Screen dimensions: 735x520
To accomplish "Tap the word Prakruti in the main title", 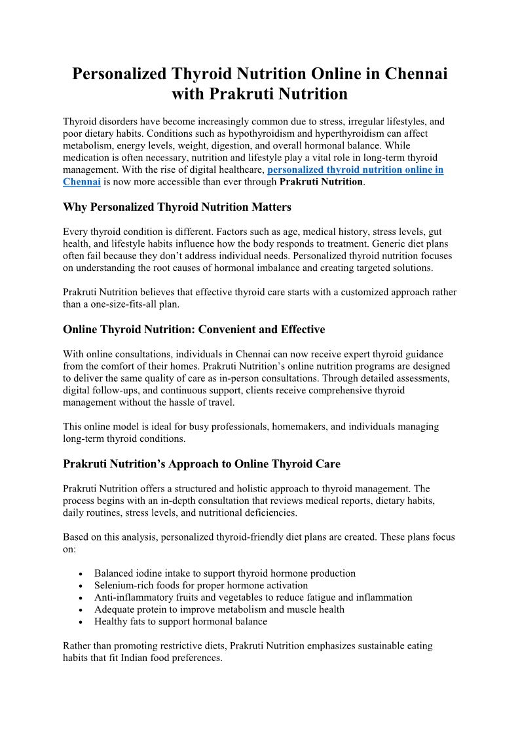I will pyautogui.click(x=241, y=94).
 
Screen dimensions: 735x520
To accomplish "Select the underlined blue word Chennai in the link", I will pyautogui.click(x=81, y=181).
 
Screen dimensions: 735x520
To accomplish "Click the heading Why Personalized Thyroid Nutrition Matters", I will pyautogui.click(x=177, y=207).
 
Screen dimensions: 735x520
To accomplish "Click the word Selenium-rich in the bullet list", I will pyautogui.click(x=124, y=585).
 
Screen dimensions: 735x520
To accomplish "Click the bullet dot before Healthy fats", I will pyautogui.click(x=80, y=622).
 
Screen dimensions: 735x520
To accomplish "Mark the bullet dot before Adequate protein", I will pyautogui.click(x=80, y=610).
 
